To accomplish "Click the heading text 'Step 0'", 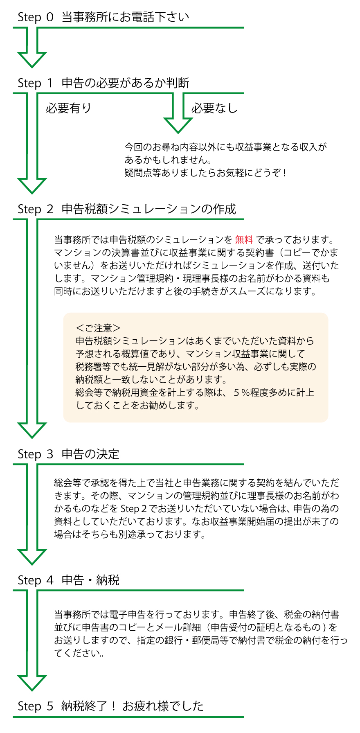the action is pyautogui.click(x=36, y=17).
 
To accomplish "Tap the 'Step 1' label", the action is pyautogui.click(x=36, y=83).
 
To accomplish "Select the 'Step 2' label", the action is pyautogui.click(x=36, y=209).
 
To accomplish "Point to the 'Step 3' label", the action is pyautogui.click(x=36, y=454).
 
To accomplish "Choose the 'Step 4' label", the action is pyautogui.click(x=36, y=580).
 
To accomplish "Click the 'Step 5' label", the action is pyautogui.click(x=36, y=706).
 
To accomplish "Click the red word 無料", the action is pyautogui.click(x=244, y=240).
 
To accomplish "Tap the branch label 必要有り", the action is pyautogui.click(x=68, y=108).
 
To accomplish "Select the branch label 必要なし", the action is pyautogui.click(x=214, y=108).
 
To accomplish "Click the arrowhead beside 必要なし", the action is pyautogui.click(x=178, y=125).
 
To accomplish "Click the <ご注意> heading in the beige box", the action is pyautogui.click(x=98, y=328).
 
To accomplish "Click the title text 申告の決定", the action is pyautogui.click(x=90, y=454).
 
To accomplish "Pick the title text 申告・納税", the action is pyautogui.click(x=90, y=580).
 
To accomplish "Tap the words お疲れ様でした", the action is pyautogui.click(x=163, y=706).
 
